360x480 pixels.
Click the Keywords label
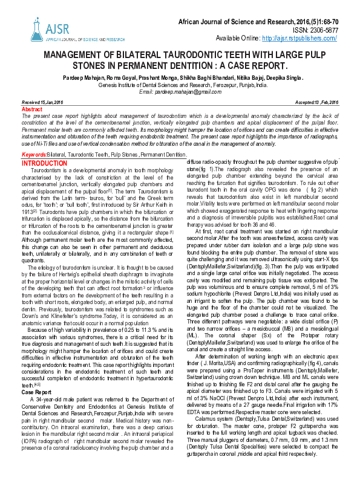point(33,156)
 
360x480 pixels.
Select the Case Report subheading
point(37,375)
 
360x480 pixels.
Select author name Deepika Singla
point(283,79)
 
